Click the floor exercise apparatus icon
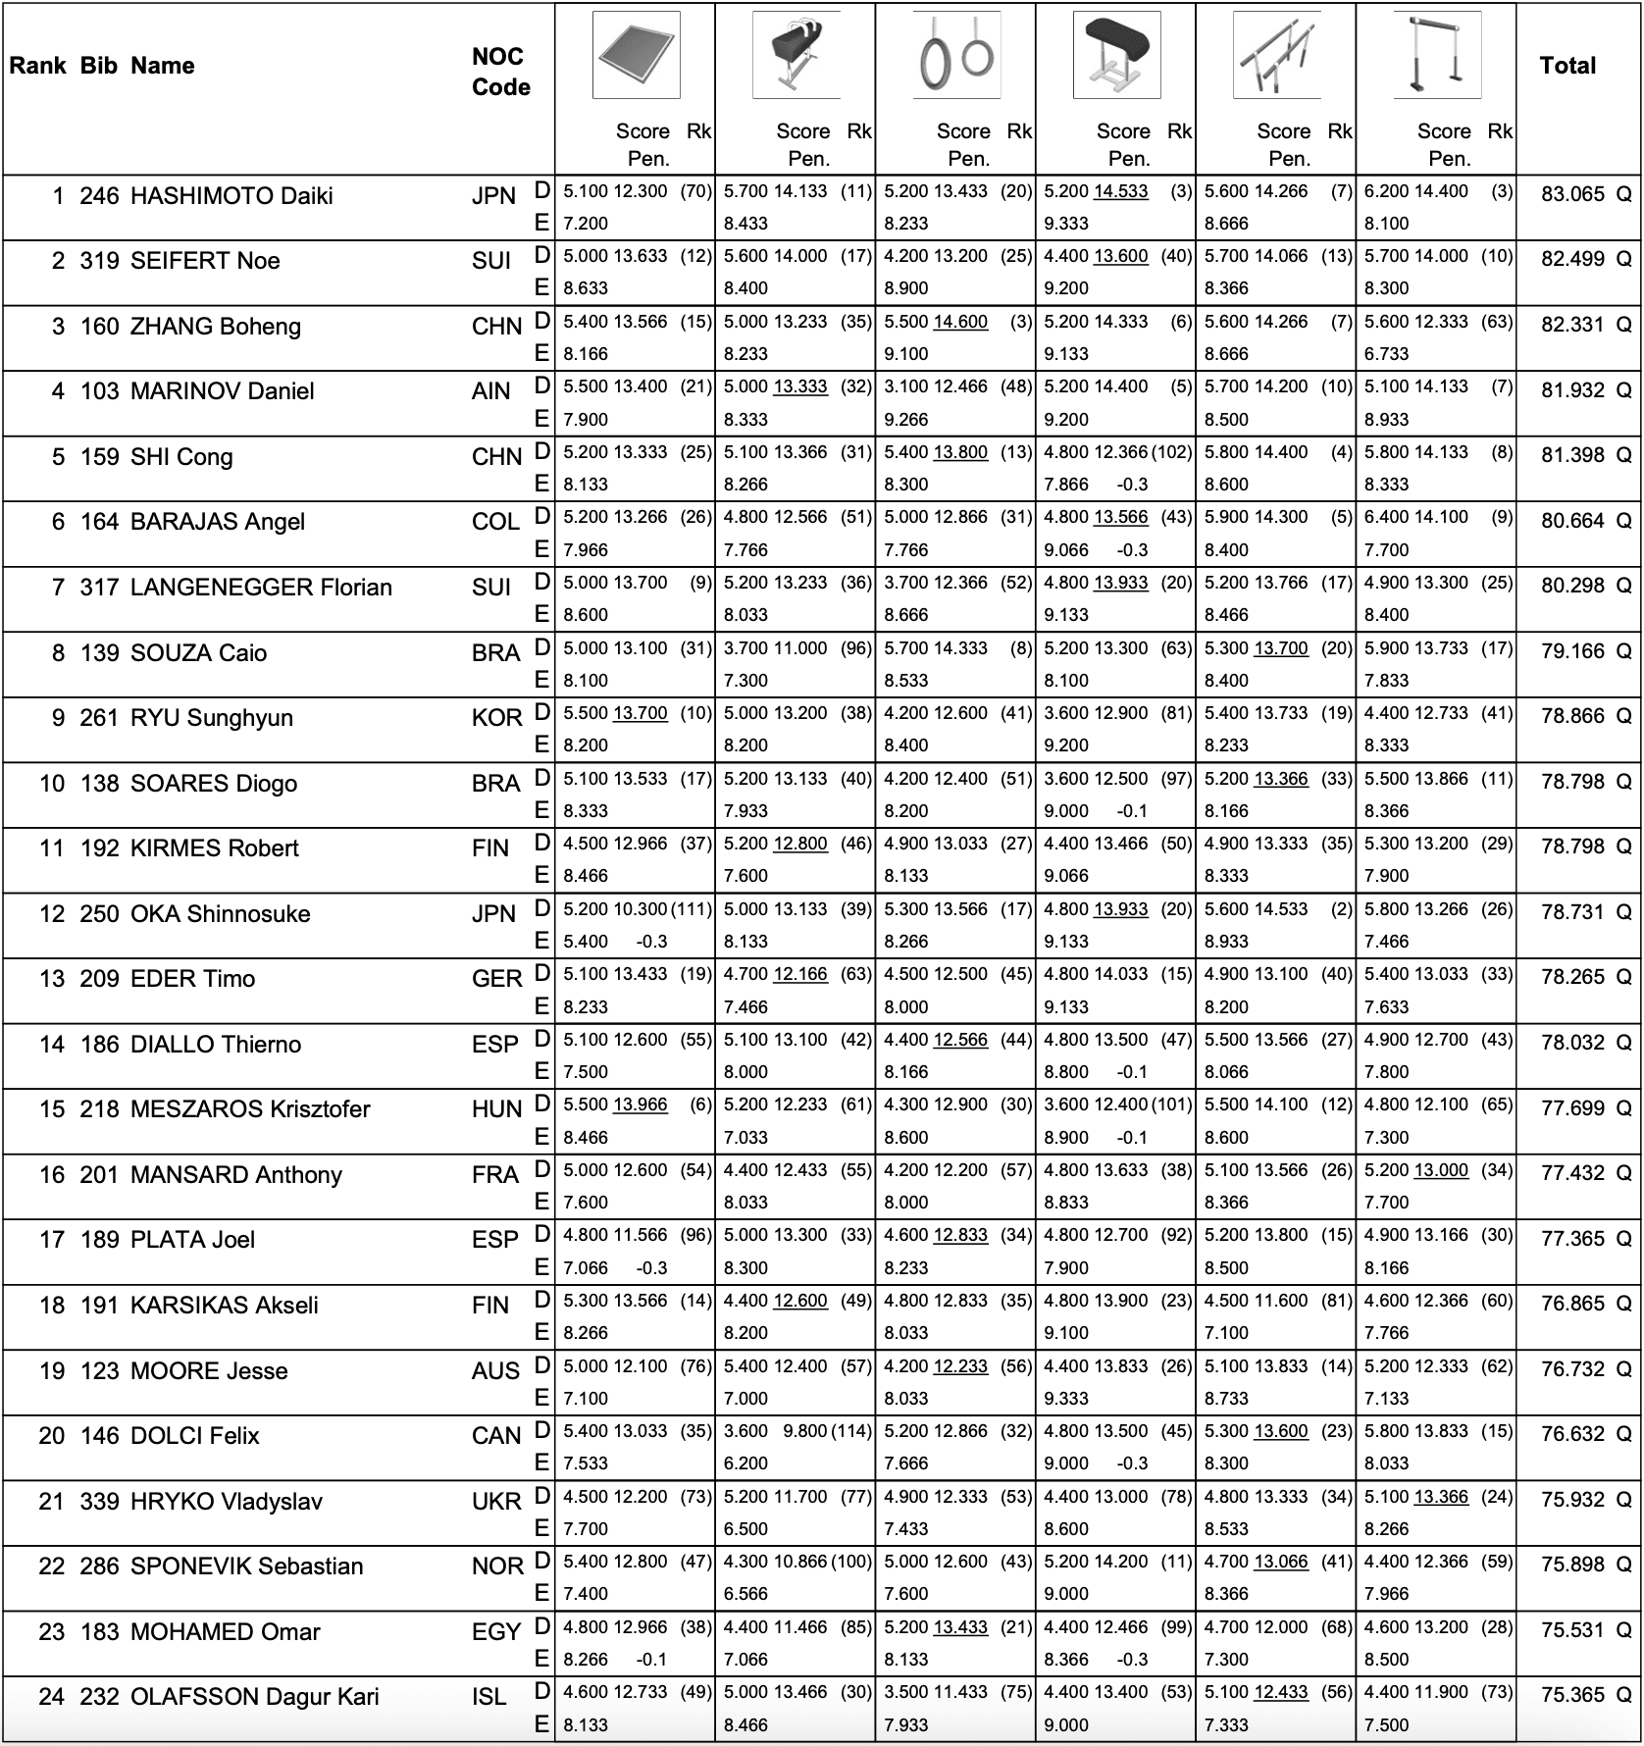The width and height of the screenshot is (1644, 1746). click(x=636, y=55)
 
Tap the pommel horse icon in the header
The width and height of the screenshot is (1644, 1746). click(x=796, y=55)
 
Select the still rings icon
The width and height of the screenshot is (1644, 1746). click(x=956, y=55)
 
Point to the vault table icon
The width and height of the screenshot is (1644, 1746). click(x=1116, y=55)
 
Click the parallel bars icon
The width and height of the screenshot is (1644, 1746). click(x=1276, y=55)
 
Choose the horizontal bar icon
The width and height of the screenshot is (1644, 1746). click(x=1437, y=55)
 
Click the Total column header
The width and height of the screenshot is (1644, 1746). click(x=1567, y=66)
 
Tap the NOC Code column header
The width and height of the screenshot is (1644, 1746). click(x=500, y=72)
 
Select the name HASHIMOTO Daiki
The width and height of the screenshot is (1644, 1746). click(x=231, y=196)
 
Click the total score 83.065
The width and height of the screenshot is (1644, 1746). click(x=1571, y=194)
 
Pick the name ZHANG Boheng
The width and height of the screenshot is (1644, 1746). click(x=216, y=327)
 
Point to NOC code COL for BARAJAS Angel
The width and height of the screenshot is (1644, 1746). click(x=495, y=522)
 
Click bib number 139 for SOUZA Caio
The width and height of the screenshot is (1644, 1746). click(x=99, y=653)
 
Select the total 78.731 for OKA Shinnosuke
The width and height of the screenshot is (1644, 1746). click(x=1571, y=912)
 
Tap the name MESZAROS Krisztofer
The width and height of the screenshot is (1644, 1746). click(x=250, y=1109)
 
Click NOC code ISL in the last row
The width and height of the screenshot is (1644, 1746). click(x=488, y=1697)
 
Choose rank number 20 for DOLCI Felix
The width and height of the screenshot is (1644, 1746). click(x=51, y=1436)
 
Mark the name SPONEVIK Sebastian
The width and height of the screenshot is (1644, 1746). click(x=246, y=1566)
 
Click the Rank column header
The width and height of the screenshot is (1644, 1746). click(x=37, y=66)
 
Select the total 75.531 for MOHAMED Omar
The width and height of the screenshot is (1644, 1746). click(x=1571, y=1630)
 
